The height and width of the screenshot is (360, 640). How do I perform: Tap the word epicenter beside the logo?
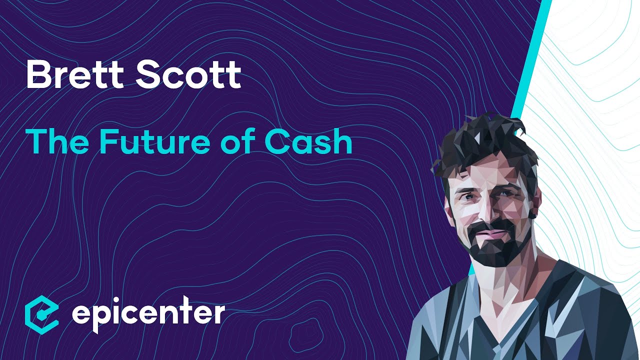tap(148, 312)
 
